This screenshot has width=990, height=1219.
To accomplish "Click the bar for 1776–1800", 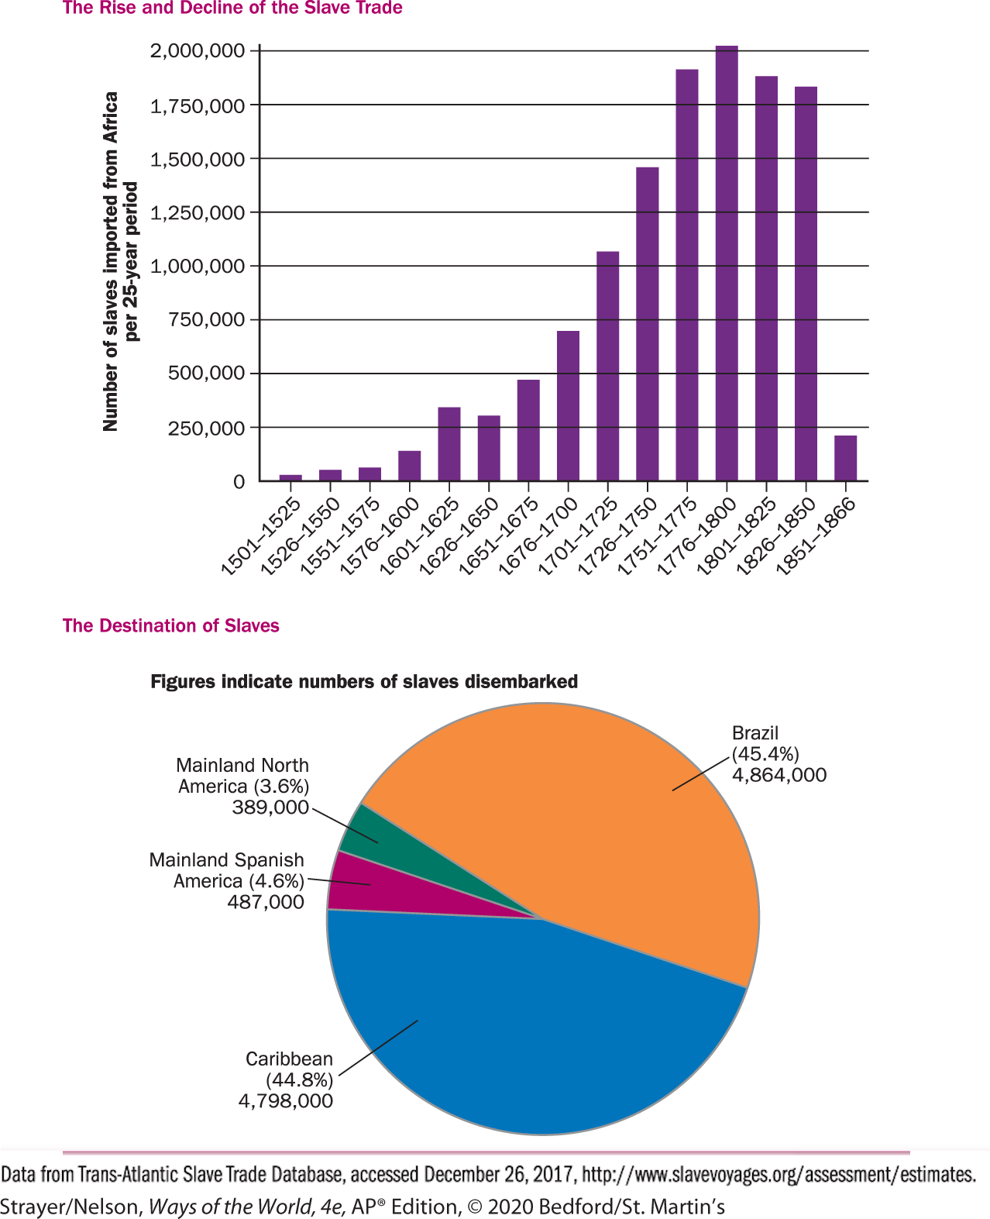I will (727, 263).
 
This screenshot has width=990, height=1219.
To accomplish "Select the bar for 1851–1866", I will (845, 458).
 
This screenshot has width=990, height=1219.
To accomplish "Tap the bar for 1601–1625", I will (449, 444).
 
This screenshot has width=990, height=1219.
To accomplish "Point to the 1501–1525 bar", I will (290, 477).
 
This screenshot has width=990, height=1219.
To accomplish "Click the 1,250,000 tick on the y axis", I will (196, 212).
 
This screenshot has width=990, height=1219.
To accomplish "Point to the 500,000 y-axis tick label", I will (206, 374).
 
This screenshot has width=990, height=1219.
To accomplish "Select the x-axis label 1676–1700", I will (538, 535).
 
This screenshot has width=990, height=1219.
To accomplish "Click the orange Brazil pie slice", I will (589, 814).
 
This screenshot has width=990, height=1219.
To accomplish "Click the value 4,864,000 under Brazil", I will (779, 775).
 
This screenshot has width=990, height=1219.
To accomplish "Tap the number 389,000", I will (270, 808).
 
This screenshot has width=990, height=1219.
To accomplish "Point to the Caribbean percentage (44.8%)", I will (300, 1080).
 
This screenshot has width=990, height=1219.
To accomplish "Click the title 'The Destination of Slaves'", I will (170, 625).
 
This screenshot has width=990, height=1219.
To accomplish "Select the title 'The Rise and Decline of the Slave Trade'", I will (232, 9).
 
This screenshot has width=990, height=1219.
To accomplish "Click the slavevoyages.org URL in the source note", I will (779, 1175).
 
